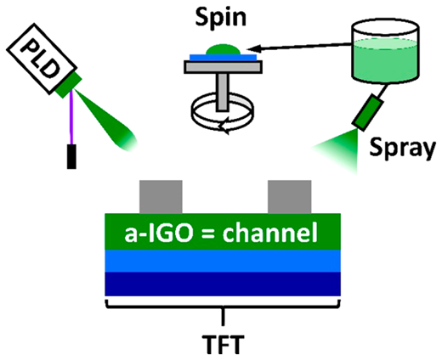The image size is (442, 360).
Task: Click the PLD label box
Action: click(x=42, y=59)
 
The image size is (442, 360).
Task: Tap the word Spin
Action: click(x=221, y=19)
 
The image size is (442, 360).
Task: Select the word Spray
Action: click(x=402, y=148)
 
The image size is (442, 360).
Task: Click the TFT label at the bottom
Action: click(x=223, y=344)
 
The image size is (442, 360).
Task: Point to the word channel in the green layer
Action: click(x=269, y=233)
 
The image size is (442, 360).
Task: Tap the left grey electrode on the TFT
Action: click(x=161, y=197)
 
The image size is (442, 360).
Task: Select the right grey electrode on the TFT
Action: click(x=290, y=197)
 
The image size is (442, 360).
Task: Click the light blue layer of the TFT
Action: click(x=223, y=261)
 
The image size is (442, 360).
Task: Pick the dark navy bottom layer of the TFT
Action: click(x=223, y=284)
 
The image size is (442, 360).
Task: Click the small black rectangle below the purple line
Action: click(x=71, y=157)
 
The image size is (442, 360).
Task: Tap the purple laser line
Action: click(x=71, y=117)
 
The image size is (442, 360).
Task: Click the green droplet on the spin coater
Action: click(x=224, y=50)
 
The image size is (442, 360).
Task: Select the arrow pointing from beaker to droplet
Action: click(x=299, y=47)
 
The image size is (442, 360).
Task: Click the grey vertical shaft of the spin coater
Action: click(x=222, y=92)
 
